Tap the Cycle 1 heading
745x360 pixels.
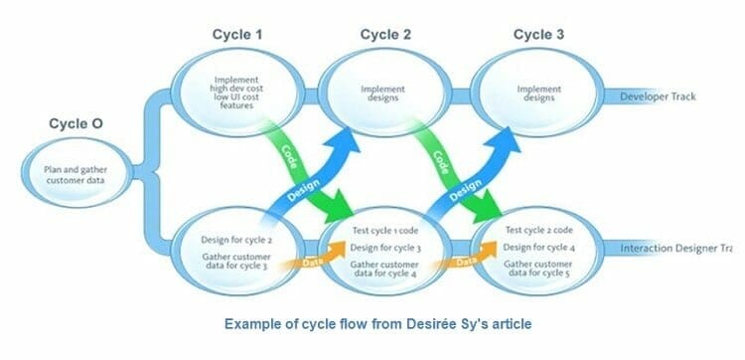[x=237, y=35]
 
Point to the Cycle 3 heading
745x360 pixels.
[x=539, y=35]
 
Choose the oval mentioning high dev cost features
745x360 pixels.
[x=237, y=94]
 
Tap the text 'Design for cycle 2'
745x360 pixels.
[x=235, y=242]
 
